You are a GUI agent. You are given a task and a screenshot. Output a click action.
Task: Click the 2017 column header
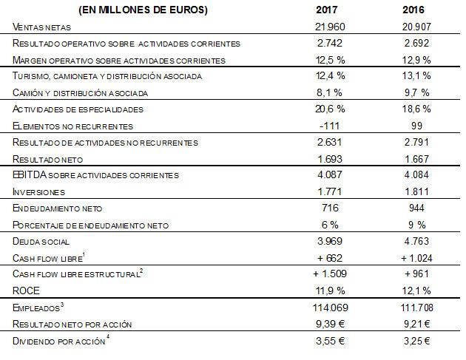[x=326, y=10]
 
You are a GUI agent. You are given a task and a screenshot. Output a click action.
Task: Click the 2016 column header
[x=413, y=10]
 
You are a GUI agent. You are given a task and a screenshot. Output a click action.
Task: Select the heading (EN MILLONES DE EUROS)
[x=143, y=10]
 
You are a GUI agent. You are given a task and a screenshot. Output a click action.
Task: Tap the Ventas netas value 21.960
[x=330, y=27]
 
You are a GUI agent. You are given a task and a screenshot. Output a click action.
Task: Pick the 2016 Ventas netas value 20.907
[x=416, y=27]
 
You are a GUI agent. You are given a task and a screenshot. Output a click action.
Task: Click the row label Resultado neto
[x=47, y=160]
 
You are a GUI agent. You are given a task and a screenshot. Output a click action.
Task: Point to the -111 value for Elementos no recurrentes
[x=329, y=126]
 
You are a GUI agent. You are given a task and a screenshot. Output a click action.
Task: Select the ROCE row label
[x=26, y=291]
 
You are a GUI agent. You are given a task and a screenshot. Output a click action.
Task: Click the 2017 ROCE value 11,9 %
[x=330, y=291]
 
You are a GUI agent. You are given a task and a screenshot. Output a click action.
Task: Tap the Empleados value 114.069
[x=330, y=308]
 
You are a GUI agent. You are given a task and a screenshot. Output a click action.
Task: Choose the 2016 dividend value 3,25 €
[x=416, y=341]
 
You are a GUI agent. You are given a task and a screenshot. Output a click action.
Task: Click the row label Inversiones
[x=38, y=192]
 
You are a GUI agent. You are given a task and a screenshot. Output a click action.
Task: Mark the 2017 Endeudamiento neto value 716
[x=330, y=208]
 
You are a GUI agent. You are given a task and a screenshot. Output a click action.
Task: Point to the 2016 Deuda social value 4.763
[x=416, y=241]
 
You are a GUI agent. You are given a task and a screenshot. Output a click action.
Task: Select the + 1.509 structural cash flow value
[x=330, y=274]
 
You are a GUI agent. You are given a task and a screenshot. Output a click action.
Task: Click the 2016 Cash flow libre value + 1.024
[x=416, y=258]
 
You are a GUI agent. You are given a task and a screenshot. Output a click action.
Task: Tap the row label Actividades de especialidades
[x=78, y=109]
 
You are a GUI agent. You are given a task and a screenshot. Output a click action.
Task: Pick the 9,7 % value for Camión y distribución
[x=416, y=92]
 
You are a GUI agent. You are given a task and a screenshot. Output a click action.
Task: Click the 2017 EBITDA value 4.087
[x=330, y=174]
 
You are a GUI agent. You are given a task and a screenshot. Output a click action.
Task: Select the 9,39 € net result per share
[x=330, y=324]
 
